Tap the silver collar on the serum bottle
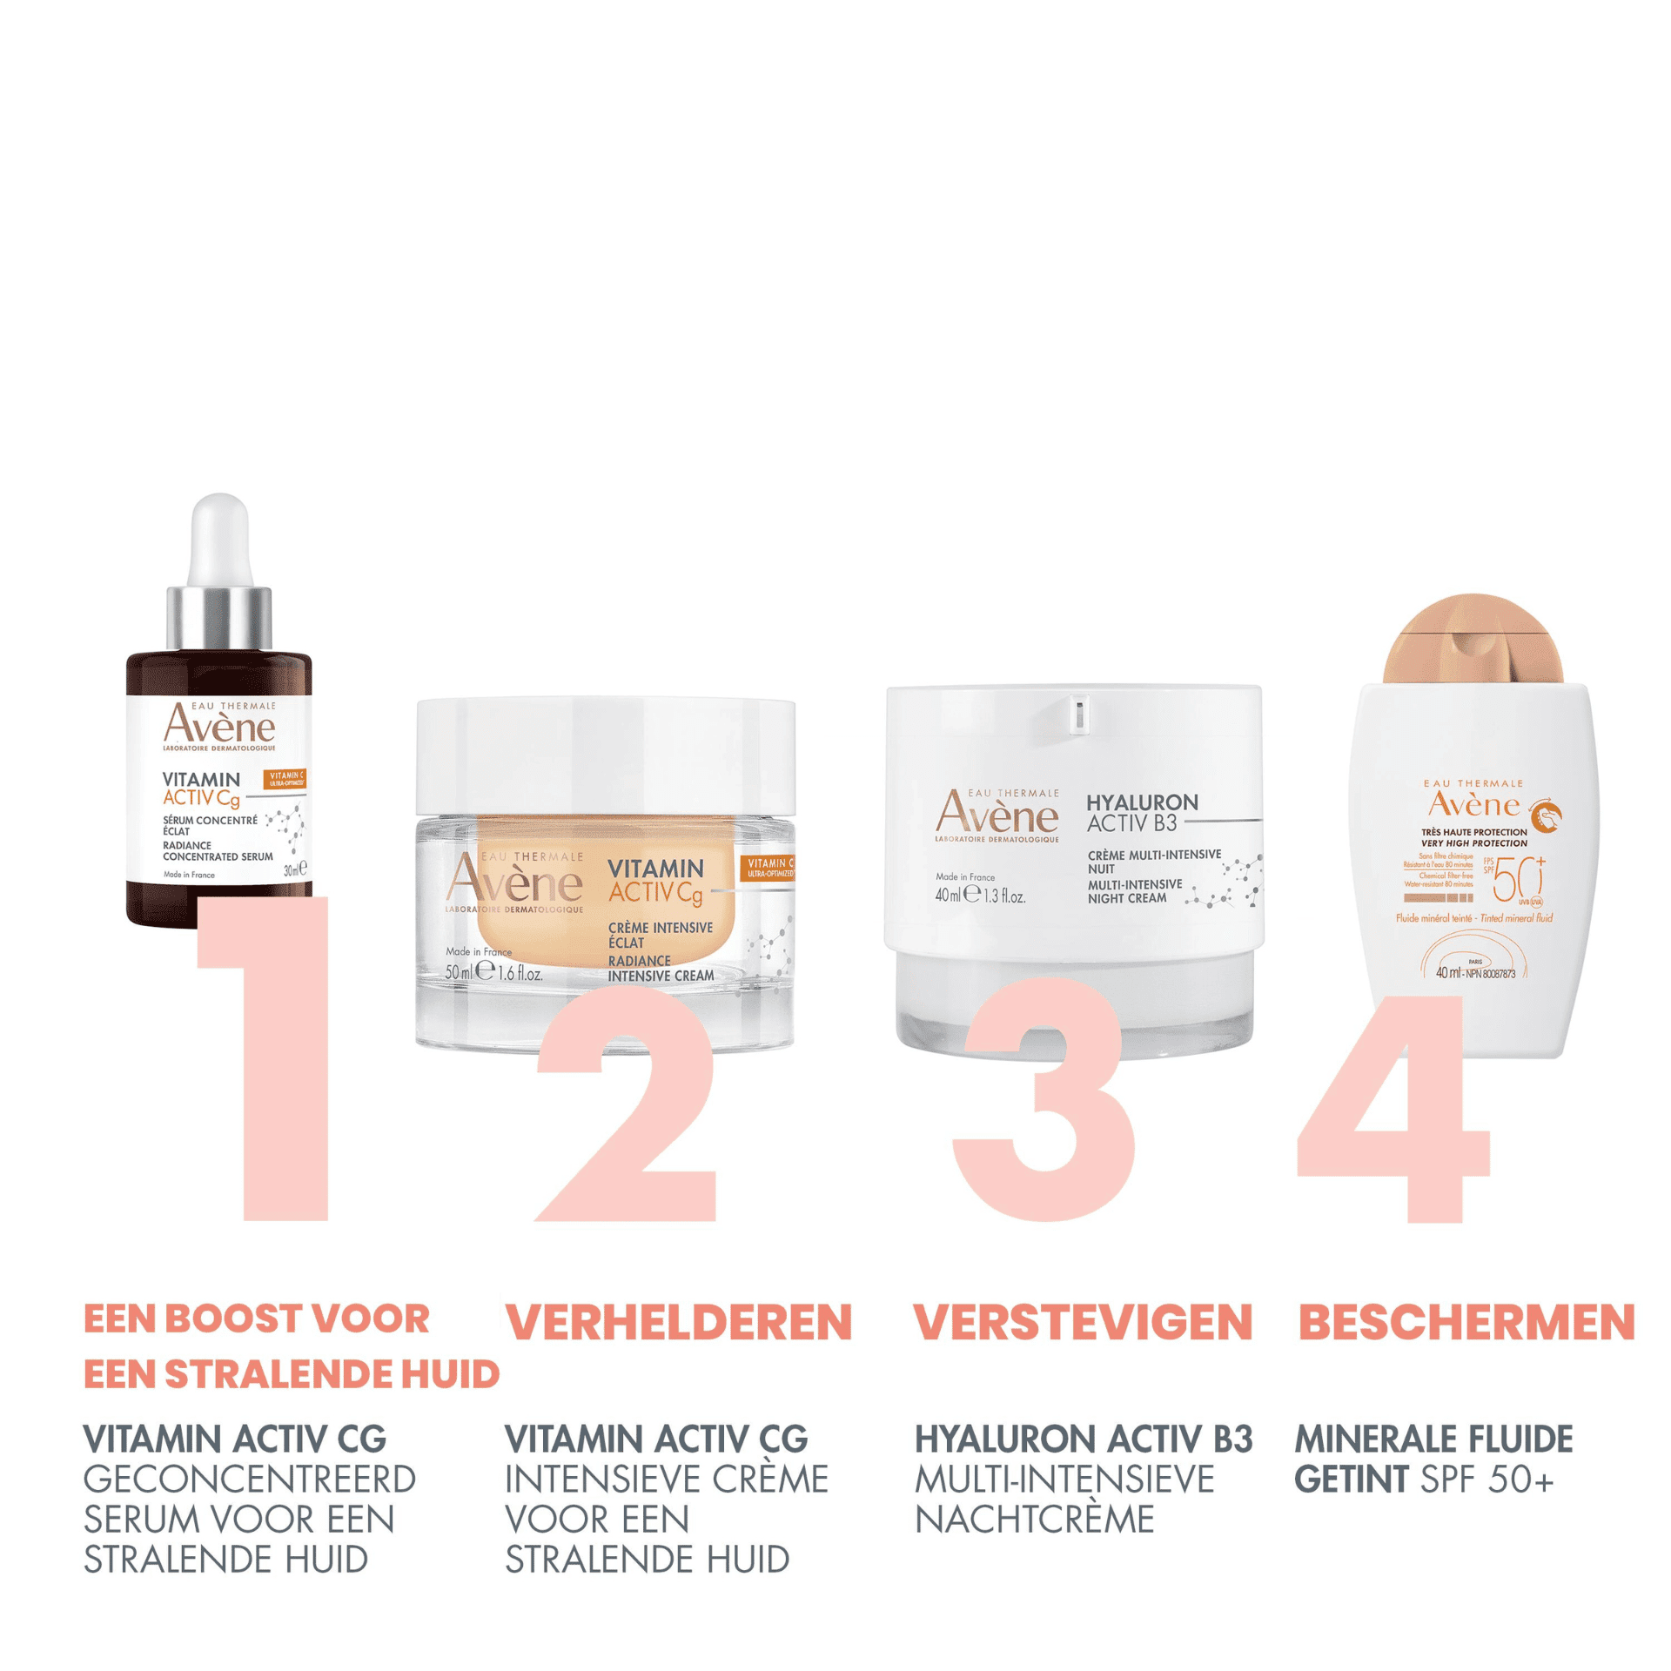point(218,618)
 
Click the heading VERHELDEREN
point(678,1323)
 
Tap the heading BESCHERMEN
point(1466,1323)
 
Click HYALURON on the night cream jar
point(1142,802)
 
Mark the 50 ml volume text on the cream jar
point(459,973)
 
